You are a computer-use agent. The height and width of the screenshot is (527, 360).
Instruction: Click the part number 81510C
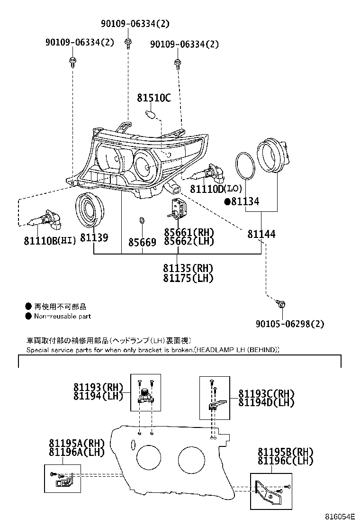pos(153,99)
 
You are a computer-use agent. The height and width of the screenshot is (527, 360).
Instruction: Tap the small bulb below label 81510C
pos(152,115)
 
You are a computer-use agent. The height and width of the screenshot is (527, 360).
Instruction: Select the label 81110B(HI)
pos(50,241)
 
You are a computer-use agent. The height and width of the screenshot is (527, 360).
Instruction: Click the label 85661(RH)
pos(189,232)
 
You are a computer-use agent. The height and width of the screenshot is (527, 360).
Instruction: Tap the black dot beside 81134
pos(227,202)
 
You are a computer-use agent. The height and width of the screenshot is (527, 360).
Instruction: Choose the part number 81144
pos(261,234)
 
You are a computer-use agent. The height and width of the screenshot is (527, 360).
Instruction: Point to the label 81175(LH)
pos(188,278)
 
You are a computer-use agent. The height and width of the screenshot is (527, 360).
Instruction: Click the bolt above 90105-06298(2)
pos(281,304)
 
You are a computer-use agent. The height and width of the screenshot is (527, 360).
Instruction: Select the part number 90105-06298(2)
pos(290,324)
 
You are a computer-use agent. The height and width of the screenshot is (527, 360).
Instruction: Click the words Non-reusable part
pos(62,316)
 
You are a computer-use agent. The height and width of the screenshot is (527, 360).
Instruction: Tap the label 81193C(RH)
pos(266,394)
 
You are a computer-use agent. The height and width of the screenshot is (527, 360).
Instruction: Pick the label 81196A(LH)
pos(76,452)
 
